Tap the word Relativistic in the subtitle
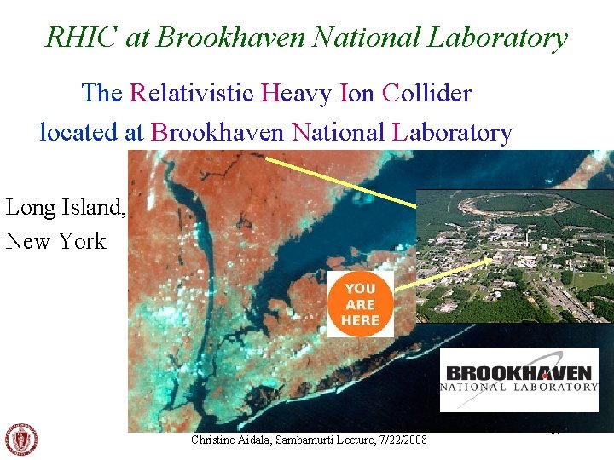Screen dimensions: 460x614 [191, 93]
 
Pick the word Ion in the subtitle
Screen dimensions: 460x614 [356, 93]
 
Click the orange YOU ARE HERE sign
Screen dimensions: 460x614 [360, 304]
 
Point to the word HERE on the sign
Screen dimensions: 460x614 [360, 320]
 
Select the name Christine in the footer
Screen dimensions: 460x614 [217, 440]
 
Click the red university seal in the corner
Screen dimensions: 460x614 [21, 440]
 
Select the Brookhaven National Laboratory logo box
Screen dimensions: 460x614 [518, 380]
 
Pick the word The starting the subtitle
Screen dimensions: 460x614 [102, 93]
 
